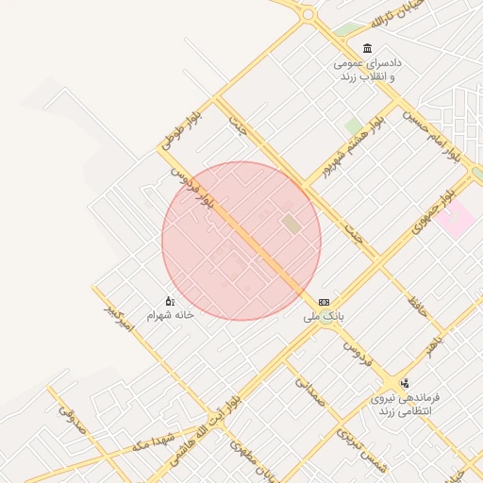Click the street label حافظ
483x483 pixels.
coord(417,303)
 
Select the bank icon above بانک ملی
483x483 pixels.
coord(325,302)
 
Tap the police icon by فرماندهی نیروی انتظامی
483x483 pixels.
coord(405,383)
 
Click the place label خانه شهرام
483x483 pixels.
coord(170,314)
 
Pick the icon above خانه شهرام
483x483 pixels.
coord(170,300)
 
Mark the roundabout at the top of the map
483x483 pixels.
coord(307,14)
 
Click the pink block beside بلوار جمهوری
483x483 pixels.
coord(455,220)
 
